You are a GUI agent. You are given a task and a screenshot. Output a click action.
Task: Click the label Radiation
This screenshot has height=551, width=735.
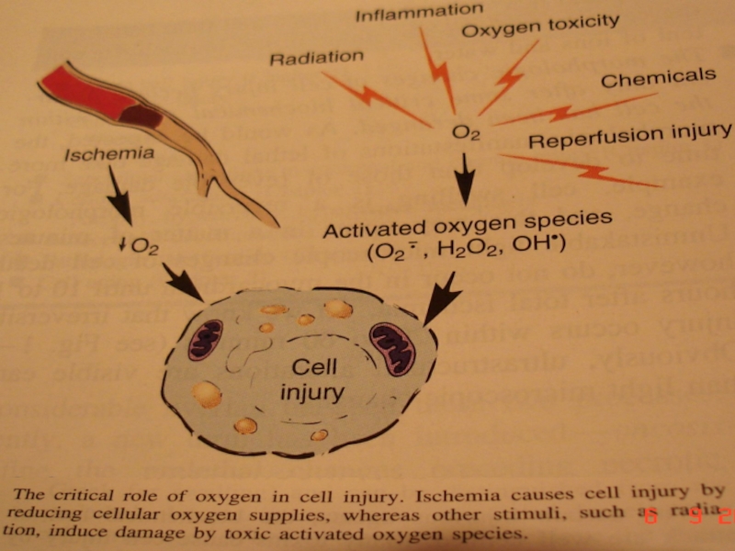(x=316, y=59)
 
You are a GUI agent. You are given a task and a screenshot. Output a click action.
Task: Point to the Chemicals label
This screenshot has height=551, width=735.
(x=658, y=78)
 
